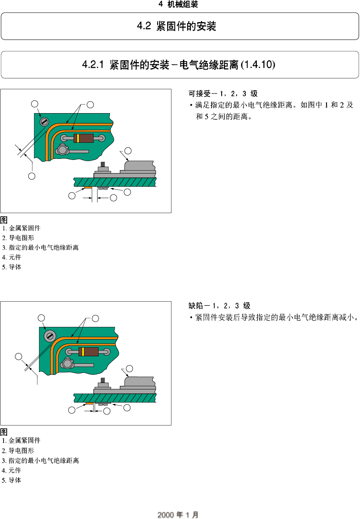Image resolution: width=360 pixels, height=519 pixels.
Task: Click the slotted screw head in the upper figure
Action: (x=44, y=122)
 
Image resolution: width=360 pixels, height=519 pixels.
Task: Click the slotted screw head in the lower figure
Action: (x=50, y=336)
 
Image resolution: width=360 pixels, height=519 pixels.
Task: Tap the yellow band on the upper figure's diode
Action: (x=78, y=138)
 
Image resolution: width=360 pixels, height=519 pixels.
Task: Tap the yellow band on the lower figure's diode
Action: (x=83, y=352)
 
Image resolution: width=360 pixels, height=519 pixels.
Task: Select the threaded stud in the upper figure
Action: (x=103, y=165)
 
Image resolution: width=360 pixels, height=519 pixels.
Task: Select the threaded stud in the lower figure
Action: (x=103, y=380)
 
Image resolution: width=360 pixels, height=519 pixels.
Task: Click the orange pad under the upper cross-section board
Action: (x=88, y=187)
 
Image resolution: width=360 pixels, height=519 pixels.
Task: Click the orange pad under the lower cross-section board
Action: (x=89, y=403)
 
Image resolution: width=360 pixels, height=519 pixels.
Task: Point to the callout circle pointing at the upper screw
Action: (x=35, y=104)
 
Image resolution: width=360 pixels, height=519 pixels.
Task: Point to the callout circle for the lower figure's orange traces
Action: (x=95, y=318)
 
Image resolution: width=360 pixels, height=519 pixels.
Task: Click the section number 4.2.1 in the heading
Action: (x=93, y=65)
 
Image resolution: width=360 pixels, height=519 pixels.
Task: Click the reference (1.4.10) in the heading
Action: (x=258, y=65)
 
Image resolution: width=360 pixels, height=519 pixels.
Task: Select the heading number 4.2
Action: (x=144, y=26)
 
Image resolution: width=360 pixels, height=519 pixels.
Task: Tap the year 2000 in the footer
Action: (x=165, y=515)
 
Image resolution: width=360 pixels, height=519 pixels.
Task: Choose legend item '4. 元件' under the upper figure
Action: (x=11, y=257)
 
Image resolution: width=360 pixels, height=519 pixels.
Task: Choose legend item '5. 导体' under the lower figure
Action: (x=11, y=480)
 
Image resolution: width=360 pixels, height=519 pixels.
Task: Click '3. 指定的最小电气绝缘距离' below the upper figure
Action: (x=40, y=247)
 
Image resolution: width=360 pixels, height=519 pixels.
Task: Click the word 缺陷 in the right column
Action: (x=196, y=306)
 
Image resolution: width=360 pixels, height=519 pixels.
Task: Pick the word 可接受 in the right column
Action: (x=200, y=94)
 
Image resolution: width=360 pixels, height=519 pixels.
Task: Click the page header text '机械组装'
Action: (x=182, y=4)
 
